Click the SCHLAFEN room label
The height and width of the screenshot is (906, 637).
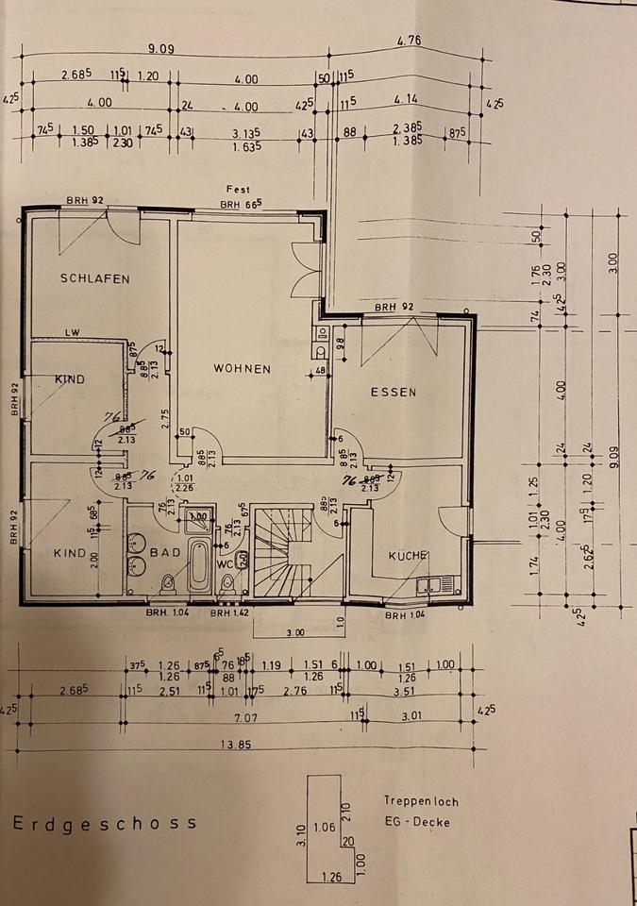pos(94,278)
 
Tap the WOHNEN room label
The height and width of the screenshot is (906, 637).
pos(242,369)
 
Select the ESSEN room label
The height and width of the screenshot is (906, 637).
pos(394,393)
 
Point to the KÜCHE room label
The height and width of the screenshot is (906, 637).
pos(409,556)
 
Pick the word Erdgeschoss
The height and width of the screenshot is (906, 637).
pos(105,822)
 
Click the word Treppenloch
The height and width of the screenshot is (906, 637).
pos(421,801)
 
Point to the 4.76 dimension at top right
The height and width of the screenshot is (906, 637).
pos(409,41)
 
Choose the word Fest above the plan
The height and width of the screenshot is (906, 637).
pos(237,190)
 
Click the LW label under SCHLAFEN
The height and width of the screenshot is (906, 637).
pos(72,332)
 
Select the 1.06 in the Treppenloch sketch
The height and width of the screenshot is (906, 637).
pos(324,828)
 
